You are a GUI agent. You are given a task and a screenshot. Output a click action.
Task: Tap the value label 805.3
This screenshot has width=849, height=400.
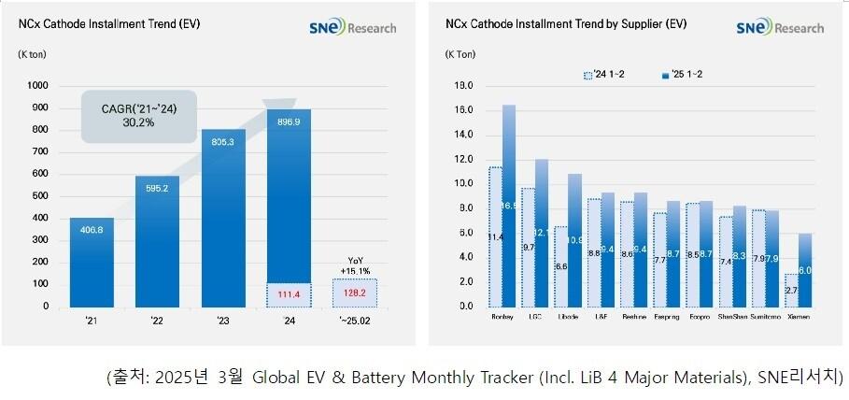point(223,144)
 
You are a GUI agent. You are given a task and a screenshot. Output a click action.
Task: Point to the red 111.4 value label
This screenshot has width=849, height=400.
point(290,295)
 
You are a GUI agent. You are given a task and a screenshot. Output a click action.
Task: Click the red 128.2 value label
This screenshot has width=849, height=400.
point(355,293)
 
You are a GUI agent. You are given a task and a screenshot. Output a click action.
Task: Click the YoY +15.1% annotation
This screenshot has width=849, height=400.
point(355,266)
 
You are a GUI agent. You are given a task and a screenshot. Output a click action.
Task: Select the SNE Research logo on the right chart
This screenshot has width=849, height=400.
point(780,28)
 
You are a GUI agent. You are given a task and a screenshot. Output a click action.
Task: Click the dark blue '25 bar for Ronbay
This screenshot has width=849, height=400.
point(509,206)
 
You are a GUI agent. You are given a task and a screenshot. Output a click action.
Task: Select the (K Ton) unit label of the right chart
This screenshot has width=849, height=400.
point(460,53)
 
